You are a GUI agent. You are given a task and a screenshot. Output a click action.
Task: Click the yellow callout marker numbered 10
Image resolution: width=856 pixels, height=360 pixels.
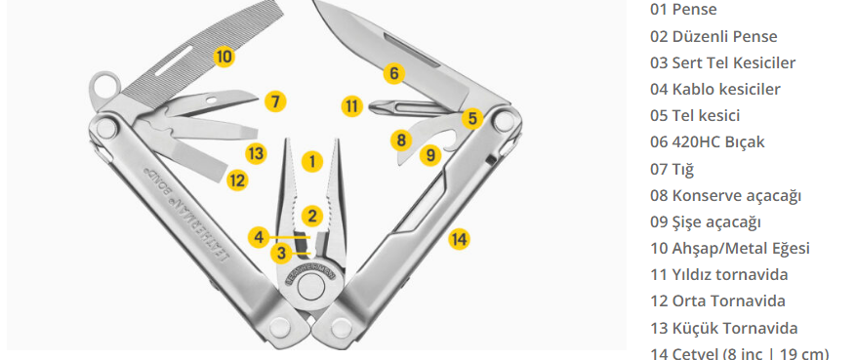[x=224, y=57]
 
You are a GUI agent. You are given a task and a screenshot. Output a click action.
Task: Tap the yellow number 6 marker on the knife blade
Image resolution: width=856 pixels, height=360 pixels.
[x=394, y=72]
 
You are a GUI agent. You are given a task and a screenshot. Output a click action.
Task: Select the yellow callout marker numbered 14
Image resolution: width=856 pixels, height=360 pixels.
[x=459, y=239]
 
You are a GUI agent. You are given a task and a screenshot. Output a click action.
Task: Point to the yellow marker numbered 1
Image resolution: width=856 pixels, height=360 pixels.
[x=311, y=161]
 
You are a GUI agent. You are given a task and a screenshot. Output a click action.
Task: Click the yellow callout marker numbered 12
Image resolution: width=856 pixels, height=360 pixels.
[x=237, y=180]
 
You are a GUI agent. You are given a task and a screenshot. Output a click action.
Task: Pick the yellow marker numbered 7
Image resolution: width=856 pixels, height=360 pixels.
[x=275, y=101]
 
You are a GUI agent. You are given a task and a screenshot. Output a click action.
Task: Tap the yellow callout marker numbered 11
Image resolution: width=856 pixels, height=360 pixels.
[x=352, y=105]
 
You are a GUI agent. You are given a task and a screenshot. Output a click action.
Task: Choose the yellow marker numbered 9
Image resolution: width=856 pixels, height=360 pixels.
[x=430, y=155]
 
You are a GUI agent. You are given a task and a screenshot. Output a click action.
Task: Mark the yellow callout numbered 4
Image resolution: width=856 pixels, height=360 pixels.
[x=259, y=237]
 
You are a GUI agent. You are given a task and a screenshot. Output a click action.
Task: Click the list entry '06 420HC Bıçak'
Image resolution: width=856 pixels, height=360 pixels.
[x=707, y=141]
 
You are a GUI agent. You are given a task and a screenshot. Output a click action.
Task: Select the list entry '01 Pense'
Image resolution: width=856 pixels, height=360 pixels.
[x=683, y=9]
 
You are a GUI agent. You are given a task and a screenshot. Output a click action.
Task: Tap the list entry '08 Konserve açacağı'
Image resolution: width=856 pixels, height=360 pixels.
[x=725, y=195]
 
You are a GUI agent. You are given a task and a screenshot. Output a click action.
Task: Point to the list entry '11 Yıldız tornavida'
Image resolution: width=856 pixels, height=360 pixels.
[x=718, y=274]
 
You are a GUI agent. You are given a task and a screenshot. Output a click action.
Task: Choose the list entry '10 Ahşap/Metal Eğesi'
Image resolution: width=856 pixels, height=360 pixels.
[x=729, y=248]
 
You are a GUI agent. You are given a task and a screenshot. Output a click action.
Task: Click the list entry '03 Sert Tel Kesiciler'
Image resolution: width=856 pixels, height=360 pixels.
[x=722, y=62]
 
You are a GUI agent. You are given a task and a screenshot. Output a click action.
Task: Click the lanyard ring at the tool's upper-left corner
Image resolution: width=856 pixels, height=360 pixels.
[x=104, y=86]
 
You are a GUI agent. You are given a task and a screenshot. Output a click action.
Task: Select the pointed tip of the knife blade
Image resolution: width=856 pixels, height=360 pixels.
[x=314, y=2]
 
